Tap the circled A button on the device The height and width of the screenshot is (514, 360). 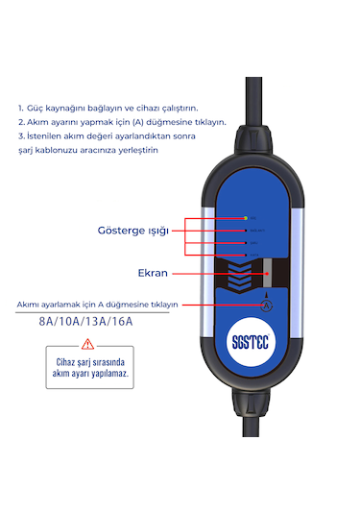267,305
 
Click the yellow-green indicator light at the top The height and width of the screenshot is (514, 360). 246,219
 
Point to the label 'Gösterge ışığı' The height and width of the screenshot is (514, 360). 133,232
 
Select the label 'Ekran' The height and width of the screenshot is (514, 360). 154,273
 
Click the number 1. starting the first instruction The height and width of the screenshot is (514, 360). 21,109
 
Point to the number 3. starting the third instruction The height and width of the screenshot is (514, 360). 21,137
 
